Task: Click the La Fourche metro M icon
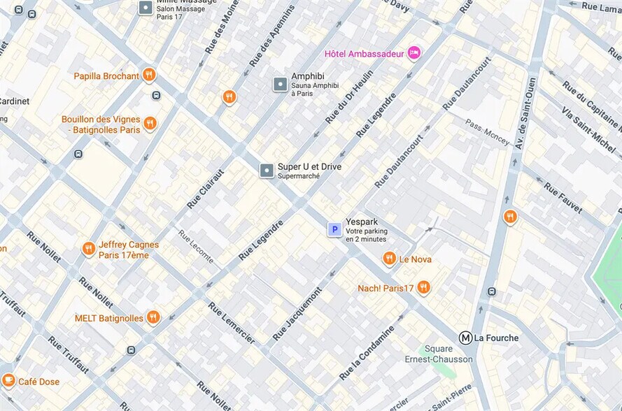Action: point(465,338)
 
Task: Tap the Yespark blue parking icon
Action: point(334,229)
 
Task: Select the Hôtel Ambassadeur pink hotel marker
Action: point(414,52)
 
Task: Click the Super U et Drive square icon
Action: point(267,171)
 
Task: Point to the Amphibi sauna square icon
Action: point(280,85)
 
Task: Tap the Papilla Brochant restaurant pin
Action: point(148,75)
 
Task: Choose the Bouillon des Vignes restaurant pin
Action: point(150,124)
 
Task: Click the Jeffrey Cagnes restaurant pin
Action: point(89,248)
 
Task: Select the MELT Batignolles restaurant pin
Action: point(153,317)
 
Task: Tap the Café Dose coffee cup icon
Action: point(9,380)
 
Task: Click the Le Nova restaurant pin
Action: point(390,259)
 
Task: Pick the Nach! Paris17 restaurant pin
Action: point(423,287)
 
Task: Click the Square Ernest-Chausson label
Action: point(439,354)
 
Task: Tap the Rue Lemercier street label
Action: point(230,322)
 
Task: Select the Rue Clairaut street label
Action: point(206,189)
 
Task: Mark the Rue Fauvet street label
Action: point(563,199)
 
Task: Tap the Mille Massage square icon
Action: point(146,8)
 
